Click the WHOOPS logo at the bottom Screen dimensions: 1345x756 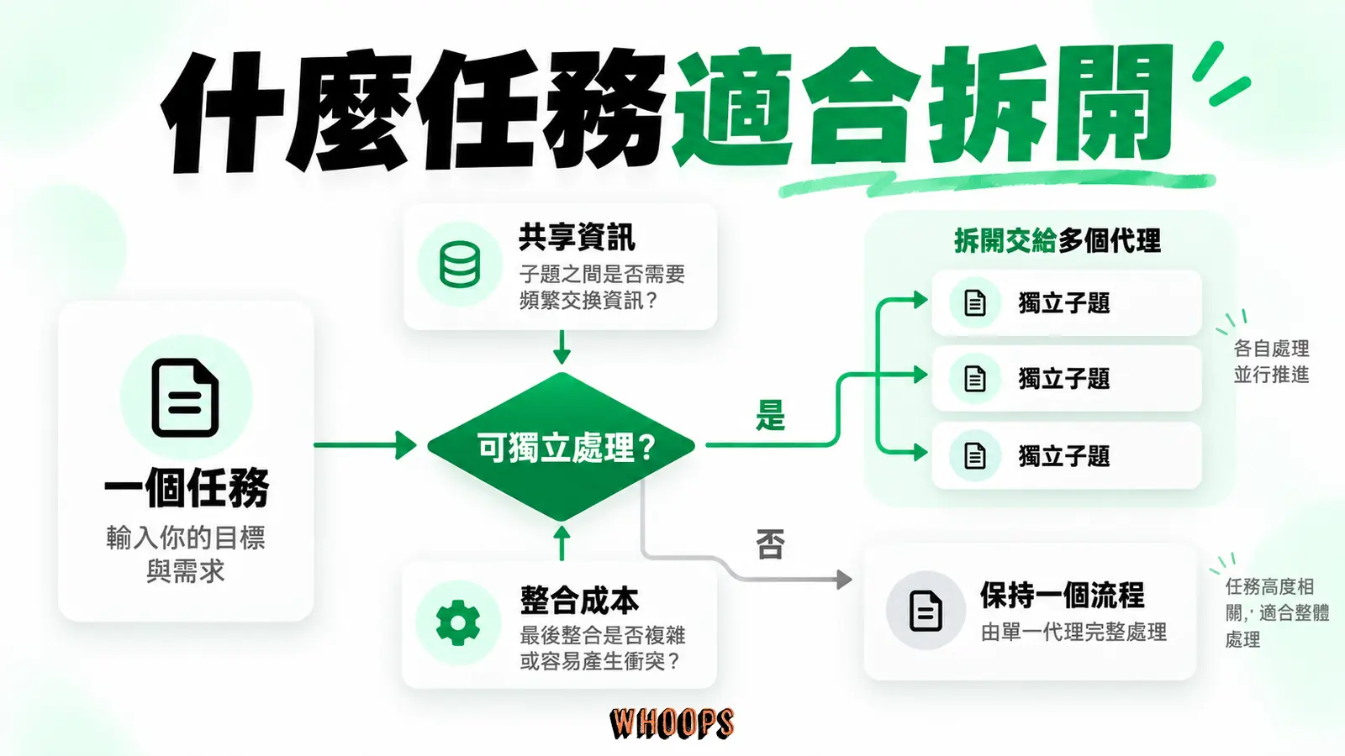[672, 723]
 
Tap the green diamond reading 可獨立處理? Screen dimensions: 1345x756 [562, 446]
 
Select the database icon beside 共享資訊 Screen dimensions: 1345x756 [459, 265]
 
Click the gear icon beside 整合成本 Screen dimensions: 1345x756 [457, 622]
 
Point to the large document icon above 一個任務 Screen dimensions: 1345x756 [185, 398]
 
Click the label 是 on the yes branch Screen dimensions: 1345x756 [770, 415]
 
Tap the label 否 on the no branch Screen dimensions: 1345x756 [770, 544]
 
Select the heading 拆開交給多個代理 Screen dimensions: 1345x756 [1057, 240]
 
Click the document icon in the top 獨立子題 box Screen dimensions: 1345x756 [974, 302]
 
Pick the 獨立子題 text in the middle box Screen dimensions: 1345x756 [1064, 379]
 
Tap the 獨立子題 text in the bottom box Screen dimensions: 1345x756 [1064, 456]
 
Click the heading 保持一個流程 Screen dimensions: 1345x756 [1063, 596]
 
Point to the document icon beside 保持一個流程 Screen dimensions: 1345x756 [926, 611]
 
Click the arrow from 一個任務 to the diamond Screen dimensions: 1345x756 [366, 445]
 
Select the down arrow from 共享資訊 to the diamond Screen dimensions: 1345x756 [562, 347]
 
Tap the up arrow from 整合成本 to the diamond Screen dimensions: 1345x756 [562, 543]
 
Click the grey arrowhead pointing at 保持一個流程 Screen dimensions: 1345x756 [844, 579]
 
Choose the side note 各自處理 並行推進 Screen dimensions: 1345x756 [1271, 361]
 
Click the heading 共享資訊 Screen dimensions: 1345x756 [577, 238]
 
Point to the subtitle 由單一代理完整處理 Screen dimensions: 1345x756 [1073, 632]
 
